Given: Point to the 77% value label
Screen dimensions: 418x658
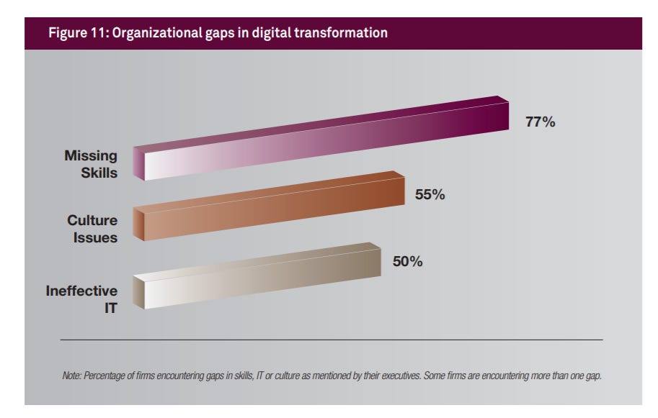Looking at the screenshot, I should click(x=540, y=122).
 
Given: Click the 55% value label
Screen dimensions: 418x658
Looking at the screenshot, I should click(x=430, y=194).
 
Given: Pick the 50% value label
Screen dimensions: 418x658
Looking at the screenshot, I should click(x=407, y=262).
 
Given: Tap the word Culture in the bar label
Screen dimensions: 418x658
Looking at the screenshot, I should click(x=92, y=221).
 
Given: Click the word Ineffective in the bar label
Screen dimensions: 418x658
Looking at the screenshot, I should click(x=81, y=291).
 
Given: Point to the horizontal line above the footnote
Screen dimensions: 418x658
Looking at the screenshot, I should click(x=332, y=340).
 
